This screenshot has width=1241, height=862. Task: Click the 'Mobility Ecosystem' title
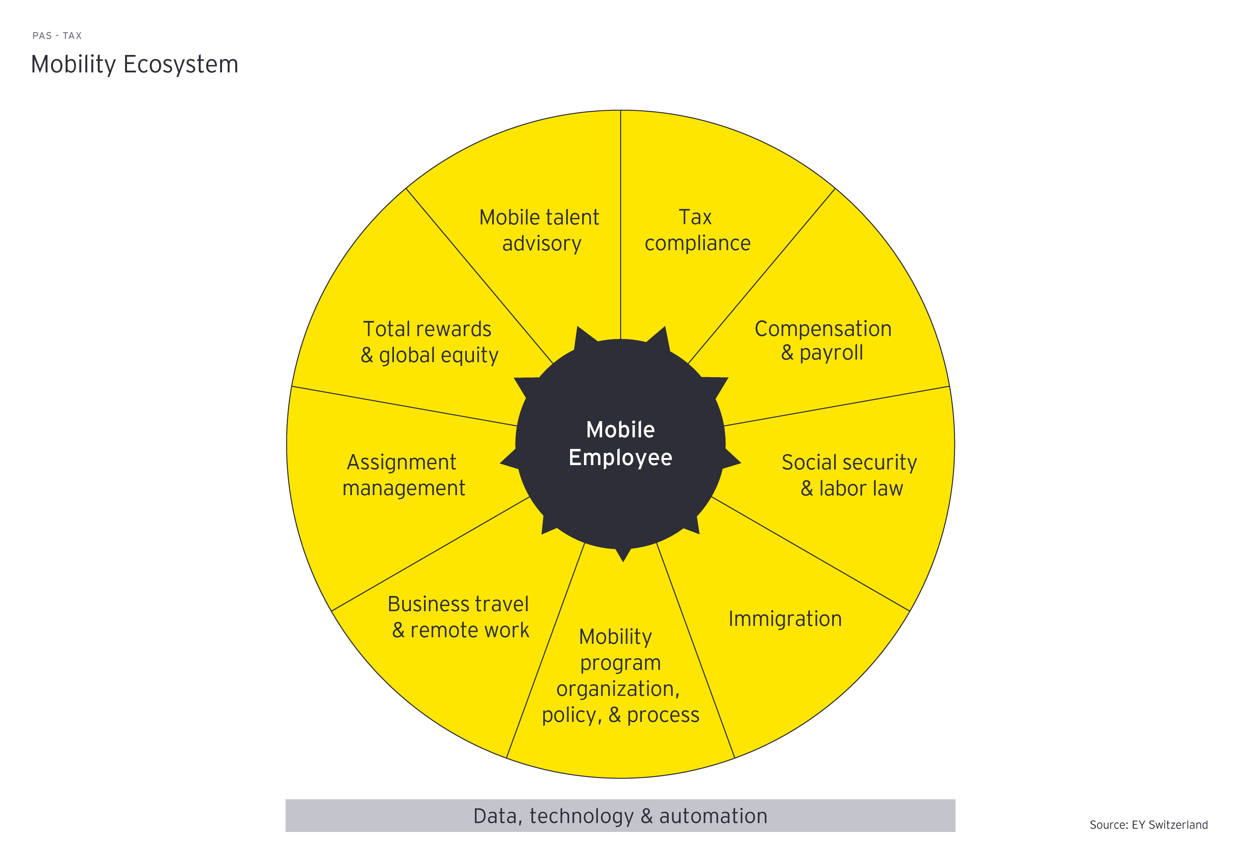coord(134,64)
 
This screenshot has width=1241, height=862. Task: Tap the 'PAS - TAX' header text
coord(57,36)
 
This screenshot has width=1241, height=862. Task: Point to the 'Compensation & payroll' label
coord(822,340)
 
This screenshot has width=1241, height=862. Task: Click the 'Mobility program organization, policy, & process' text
coord(620,676)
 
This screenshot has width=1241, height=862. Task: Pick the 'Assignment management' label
coord(403,475)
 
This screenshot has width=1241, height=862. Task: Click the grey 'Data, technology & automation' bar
coord(620,815)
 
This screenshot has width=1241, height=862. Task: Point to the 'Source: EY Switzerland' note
coord(1148,825)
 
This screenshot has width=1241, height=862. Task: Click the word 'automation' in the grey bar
coord(713,815)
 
